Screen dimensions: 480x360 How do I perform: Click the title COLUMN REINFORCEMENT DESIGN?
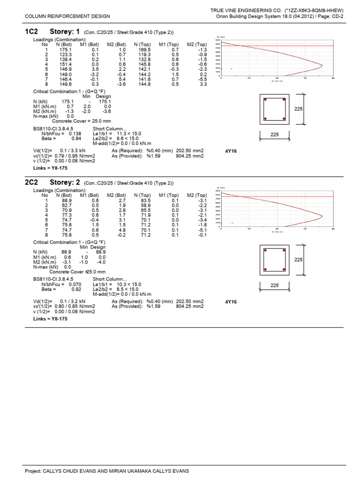click(67, 16)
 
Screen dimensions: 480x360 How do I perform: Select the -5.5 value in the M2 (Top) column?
click(202, 80)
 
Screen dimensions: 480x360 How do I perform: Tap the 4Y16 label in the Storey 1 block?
click(231, 151)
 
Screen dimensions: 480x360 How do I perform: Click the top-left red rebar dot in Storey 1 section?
click(265, 100)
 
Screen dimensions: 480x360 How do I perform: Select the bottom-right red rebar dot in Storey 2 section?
click(284, 269)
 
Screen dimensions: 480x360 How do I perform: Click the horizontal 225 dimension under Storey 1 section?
click(275, 135)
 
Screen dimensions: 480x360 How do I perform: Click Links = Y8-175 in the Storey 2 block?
click(51, 319)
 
